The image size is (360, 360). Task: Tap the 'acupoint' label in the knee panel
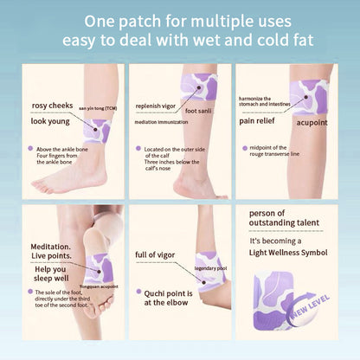click(313, 123)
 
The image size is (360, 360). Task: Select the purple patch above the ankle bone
click(96, 131)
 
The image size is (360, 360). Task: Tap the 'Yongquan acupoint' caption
click(98, 285)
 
